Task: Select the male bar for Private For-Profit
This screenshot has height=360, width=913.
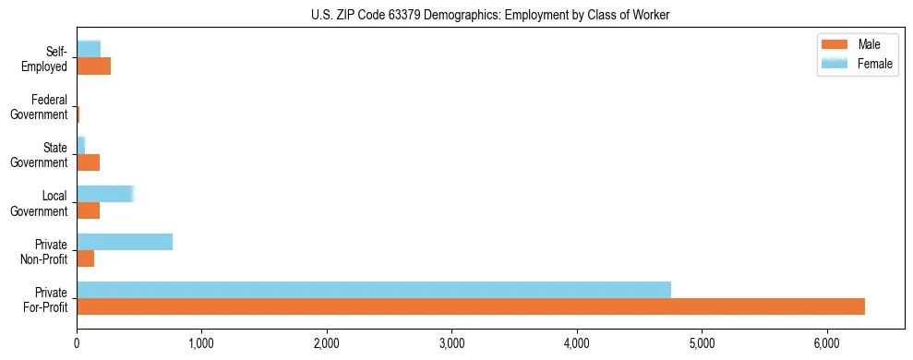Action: click(x=471, y=306)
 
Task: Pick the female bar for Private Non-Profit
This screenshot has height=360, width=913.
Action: click(x=125, y=242)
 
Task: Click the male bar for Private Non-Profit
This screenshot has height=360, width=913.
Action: click(x=85, y=258)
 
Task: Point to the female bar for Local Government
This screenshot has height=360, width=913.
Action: click(x=105, y=194)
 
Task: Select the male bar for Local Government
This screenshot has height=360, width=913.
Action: click(x=88, y=210)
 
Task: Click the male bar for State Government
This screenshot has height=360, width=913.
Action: click(x=88, y=162)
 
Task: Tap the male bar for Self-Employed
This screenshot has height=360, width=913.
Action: click(x=93, y=66)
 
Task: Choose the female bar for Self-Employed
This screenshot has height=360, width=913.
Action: click(x=89, y=49)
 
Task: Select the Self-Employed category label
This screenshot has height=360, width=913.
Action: click(x=45, y=59)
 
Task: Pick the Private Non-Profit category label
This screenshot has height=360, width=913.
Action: click(x=45, y=251)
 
